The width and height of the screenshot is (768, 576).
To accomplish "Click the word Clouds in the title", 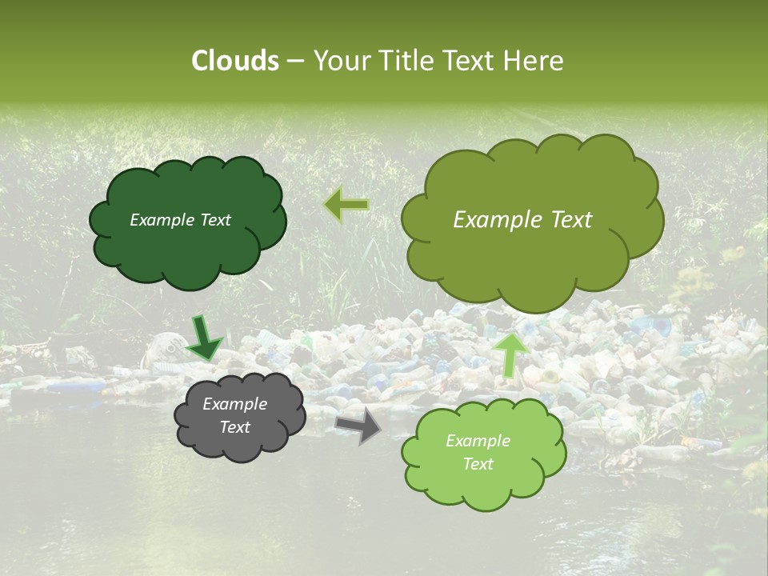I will tap(235, 61).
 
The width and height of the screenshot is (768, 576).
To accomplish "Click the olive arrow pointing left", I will tap(346, 205).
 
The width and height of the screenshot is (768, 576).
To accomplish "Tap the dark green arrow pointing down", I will tap(205, 338).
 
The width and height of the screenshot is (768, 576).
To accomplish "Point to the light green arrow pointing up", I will tap(512, 354).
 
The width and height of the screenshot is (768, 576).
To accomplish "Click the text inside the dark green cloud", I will tap(180, 220).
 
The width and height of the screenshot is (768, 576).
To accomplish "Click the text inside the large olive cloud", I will tap(522, 220).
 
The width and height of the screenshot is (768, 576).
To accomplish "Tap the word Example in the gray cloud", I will tap(234, 404).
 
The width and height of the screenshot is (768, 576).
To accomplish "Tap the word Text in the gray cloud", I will tap(234, 427).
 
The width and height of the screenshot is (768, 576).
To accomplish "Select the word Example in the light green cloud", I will tap(478, 441).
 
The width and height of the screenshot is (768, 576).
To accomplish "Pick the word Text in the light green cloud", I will tap(478, 464).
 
